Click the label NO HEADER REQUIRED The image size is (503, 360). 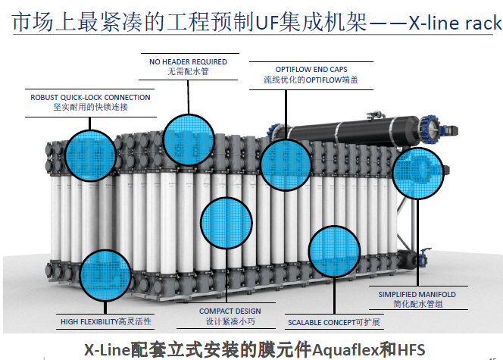(189, 61)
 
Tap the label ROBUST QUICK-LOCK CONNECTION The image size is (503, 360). (90, 98)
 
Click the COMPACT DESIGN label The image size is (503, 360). (230, 311)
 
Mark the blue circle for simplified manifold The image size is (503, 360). (417, 172)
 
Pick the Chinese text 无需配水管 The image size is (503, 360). (189, 71)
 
